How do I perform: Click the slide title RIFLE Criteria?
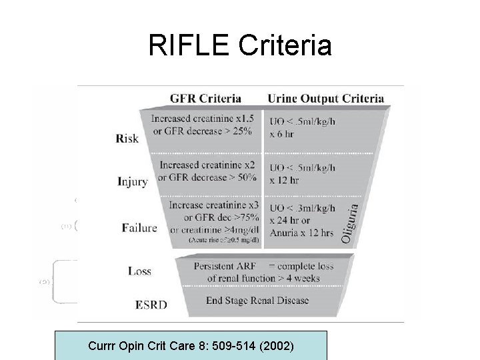pos(240,45)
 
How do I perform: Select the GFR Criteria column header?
pos(205,98)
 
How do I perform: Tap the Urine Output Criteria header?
pos(325,98)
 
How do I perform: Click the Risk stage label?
pos(127,139)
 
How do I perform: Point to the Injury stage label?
pos(132,181)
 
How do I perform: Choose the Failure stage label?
pos(139,227)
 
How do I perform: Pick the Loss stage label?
pos(139,271)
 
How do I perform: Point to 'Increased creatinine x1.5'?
pos(203,119)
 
